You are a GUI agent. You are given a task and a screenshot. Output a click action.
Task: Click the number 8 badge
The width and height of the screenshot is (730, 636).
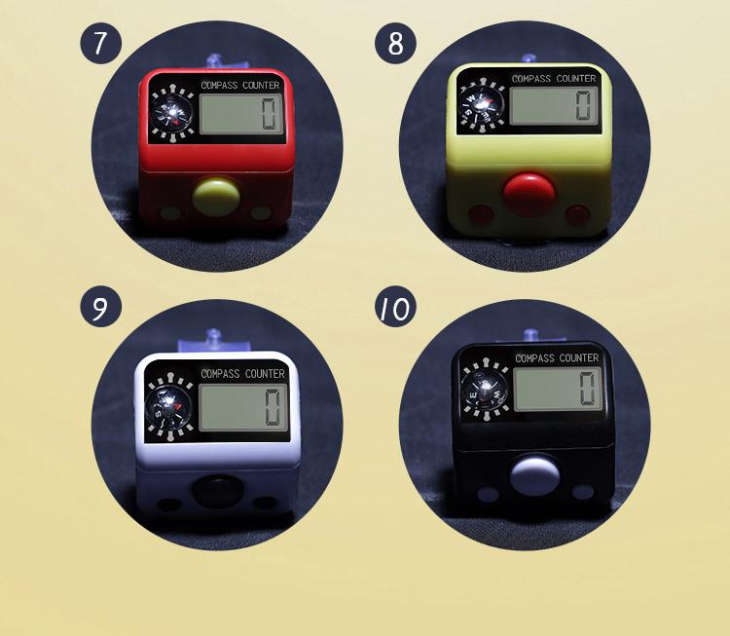[x=395, y=44]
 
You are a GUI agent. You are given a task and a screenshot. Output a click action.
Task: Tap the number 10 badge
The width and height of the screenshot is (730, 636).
[x=395, y=309]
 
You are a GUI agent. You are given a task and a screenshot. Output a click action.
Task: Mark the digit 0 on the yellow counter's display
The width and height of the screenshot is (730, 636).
[x=583, y=103]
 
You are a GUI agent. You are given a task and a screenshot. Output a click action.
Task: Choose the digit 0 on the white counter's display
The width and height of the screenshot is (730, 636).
[x=274, y=406]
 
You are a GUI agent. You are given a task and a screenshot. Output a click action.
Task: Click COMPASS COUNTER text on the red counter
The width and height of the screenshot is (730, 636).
[x=240, y=85]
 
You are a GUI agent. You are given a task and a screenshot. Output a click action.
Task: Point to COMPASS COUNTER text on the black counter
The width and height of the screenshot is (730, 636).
[x=556, y=358]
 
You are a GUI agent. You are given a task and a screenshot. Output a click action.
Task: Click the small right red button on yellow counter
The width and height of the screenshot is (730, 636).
[x=579, y=212]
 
